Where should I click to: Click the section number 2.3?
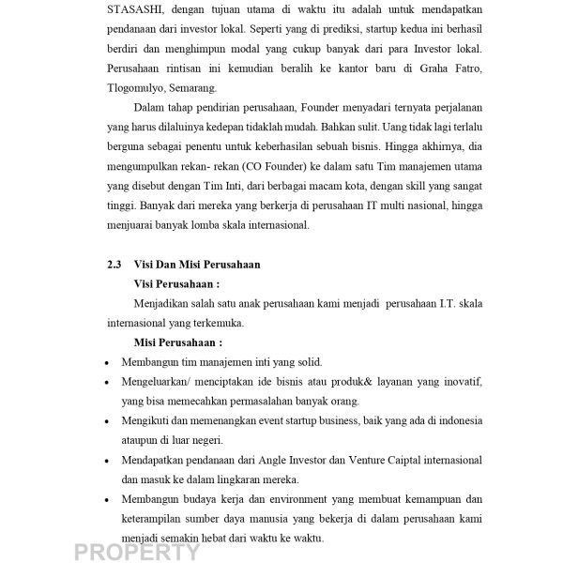pos(115,266)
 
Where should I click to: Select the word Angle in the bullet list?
pos(259,461)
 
